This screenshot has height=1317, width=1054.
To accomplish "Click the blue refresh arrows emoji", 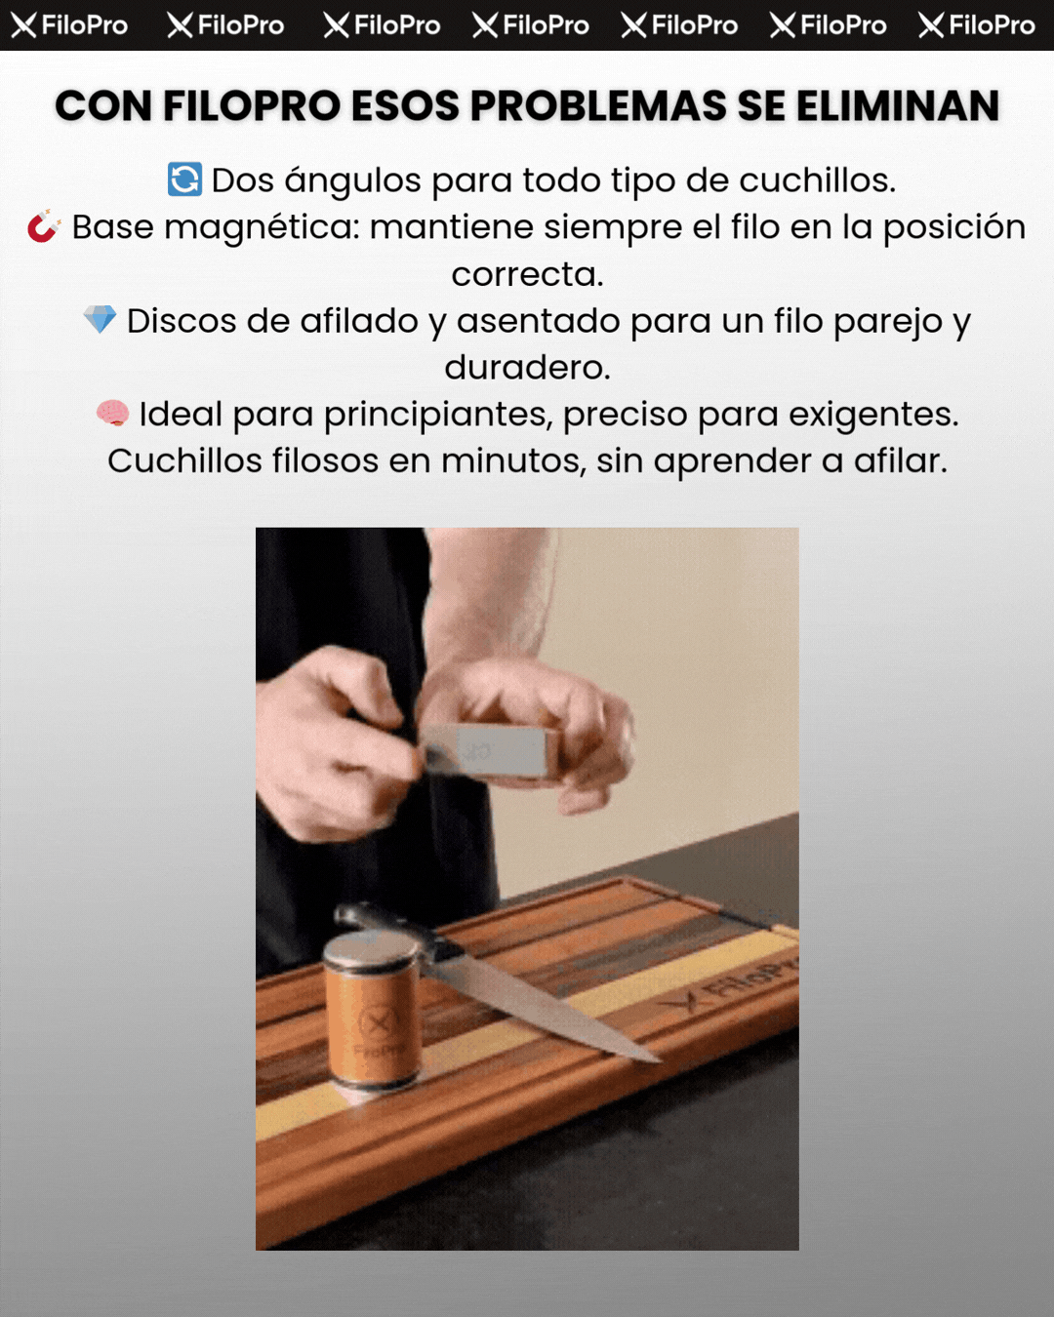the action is click(185, 180).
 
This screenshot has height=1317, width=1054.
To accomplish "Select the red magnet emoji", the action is click(44, 226).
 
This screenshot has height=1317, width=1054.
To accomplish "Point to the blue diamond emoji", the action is click(100, 319).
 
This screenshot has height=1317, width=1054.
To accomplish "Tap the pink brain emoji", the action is click(112, 413).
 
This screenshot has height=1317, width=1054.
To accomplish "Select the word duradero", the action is click(527, 368).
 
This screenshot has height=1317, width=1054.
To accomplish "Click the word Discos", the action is click(181, 321).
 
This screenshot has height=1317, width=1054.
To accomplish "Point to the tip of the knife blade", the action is click(660, 1060).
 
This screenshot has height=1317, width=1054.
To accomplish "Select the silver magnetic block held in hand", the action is click(490, 750).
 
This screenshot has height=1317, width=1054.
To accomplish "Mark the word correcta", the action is click(527, 275).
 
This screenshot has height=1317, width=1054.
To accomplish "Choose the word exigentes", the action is click(873, 416).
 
